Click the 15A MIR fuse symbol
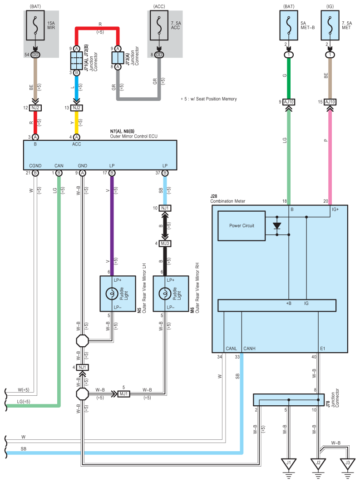click(x=35, y=25)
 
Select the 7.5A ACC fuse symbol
click(x=159, y=25)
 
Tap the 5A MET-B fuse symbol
click(x=289, y=25)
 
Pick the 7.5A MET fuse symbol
click(x=330, y=25)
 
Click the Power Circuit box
click(x=242, y=226)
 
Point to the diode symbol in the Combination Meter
click(x=277, y=226)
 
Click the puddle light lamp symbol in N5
click(x=112, y=294)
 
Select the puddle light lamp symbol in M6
click(x=165, y=294)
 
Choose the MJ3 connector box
click(x=165, y=244)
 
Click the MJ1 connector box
click(x=123, y=393)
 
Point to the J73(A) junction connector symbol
click(x=118, y=58)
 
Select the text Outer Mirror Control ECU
click(x=133, y=136)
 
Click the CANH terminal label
click(x=249, y=349)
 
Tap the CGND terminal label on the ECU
click(x=35, y=166)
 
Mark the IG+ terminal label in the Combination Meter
click(x=335, y=209)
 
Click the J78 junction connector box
click(x=289, y=400)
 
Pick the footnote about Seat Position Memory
click(x=209, y=99)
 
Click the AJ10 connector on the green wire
click(x=289, y=102)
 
